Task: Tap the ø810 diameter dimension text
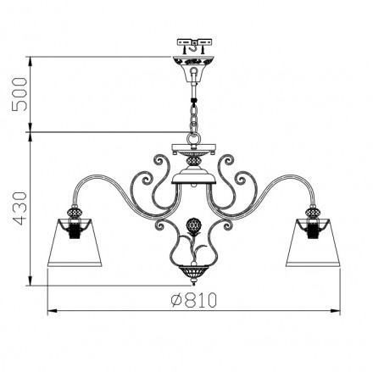tap(188, 299)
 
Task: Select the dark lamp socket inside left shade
tap(75, 226)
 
